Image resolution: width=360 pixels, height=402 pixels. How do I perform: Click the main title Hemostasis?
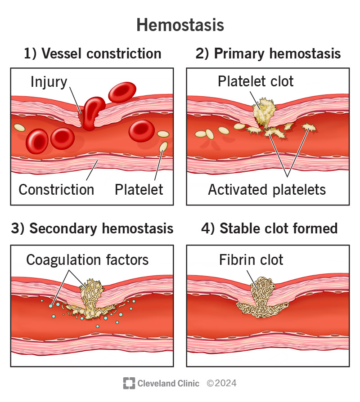coord(180,25)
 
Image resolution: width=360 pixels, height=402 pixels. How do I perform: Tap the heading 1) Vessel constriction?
coord(92,54)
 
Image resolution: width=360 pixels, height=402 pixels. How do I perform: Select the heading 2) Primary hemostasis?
coord(268,54)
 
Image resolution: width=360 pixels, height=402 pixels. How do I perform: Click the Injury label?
coord(49,82)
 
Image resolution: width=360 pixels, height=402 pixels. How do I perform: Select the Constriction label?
coord(56,189)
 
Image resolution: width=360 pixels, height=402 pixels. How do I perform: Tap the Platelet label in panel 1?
coord(139,189)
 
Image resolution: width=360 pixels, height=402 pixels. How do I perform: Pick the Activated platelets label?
coord(267,189)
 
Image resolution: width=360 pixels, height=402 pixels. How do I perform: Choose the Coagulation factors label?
coord(87,259)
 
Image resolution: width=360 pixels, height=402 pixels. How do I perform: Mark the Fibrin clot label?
coord(251,259)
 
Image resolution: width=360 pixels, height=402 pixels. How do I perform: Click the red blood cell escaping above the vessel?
coord(122,92)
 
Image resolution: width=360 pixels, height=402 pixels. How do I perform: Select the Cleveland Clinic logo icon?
coord(129,383)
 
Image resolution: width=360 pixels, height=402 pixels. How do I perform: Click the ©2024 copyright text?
coord(221,383)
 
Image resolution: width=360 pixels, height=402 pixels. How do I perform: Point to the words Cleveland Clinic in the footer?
coord(168,383)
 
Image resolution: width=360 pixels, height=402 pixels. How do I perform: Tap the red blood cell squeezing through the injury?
coord(92,112)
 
